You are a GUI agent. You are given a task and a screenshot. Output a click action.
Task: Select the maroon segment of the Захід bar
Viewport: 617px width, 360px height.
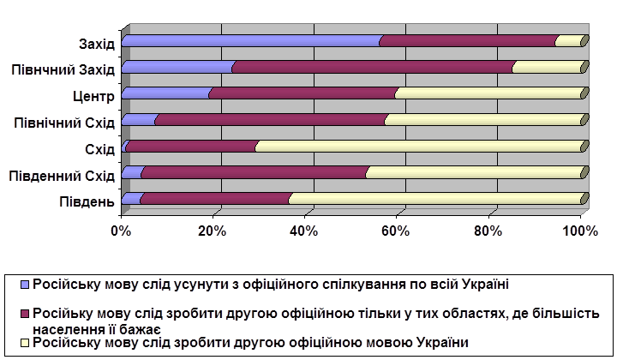click(468, 41)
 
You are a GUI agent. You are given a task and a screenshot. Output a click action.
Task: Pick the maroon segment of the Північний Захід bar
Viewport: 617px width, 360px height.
click(373, 68)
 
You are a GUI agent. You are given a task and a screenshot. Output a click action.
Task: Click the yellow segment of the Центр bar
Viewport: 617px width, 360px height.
click(488, 93)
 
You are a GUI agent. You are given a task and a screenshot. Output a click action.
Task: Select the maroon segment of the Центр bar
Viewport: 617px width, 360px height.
click(302, 93)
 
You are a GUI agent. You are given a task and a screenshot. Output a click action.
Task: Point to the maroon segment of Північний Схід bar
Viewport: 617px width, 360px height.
click(270, 120)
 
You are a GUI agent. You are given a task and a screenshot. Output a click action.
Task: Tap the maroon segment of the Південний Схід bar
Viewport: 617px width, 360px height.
click(254, 174)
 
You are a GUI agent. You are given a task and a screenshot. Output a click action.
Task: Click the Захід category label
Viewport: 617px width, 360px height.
click(96, 43)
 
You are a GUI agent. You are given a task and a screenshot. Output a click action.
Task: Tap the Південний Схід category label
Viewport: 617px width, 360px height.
click(62, 177)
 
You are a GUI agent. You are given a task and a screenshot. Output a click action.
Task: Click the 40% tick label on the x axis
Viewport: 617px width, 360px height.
click(304, 231)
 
